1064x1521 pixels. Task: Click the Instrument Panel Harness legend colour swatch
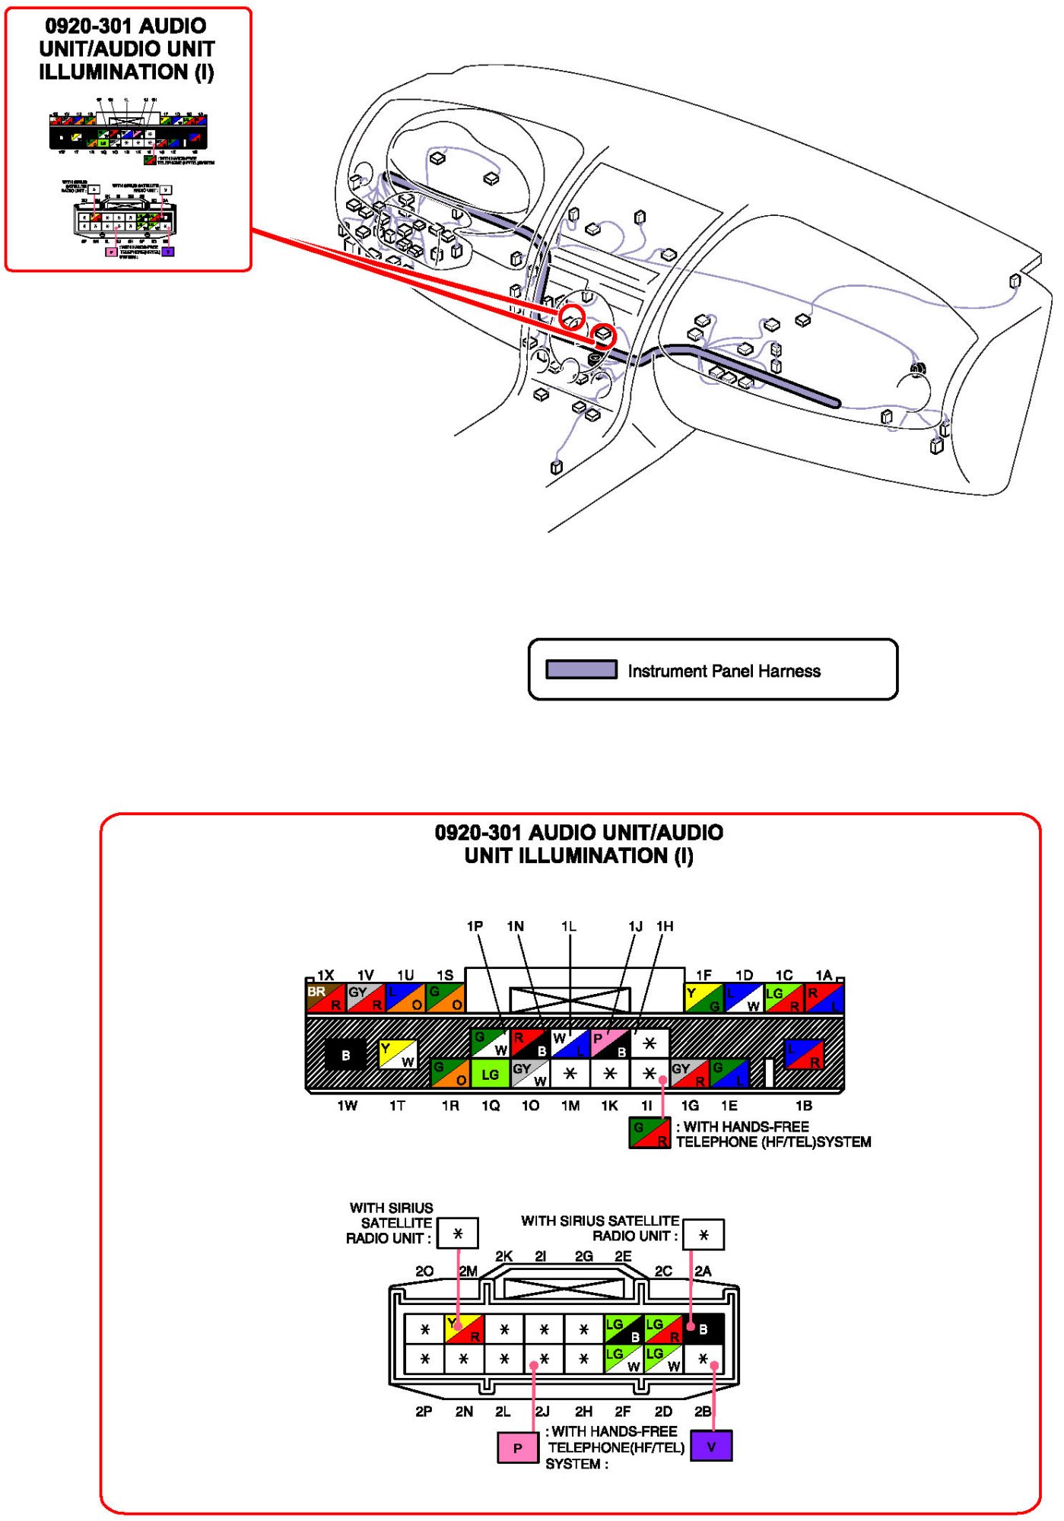click(x=581, y=670)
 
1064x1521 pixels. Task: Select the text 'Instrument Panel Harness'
click(x=723, y=672)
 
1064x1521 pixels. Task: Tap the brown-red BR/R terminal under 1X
click(x=325, y=998)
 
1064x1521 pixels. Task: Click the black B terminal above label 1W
click(x=345, y=1056)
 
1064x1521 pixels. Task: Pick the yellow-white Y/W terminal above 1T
click(x=397, y=1055)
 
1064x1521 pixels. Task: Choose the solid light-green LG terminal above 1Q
click(x=491, y=1074)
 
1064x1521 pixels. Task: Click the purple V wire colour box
click(x=711, y=1446)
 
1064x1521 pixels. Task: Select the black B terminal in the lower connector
click(x=703, y=1329)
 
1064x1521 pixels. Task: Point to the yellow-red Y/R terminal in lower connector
click(x=464, y=1329)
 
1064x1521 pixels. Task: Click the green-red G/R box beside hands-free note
click(x=650, y=1133)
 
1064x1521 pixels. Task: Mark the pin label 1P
click(x=475, y=926)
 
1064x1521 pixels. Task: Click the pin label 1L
click(x=569, y=926)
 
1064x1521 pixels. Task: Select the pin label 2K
click(x=503, y=1256)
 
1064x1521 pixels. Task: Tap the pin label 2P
click(x=424, y=1411)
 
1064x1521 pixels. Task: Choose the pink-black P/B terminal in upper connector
click(x=610, y=1044)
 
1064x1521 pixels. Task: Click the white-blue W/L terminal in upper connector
click(x=570, y=1044)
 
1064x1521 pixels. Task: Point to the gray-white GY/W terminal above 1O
click(x=530, y=1074)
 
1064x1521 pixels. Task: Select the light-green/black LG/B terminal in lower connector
click(x=624, y=1329)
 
